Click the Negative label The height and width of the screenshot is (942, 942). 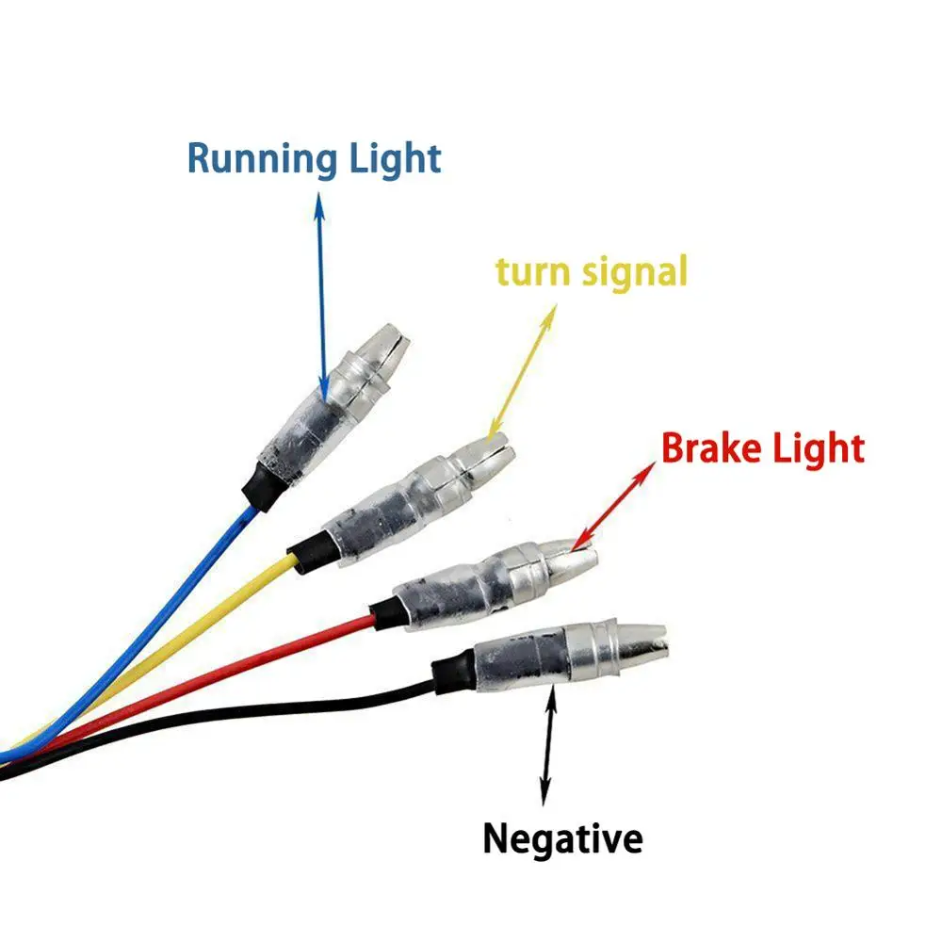562,836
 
